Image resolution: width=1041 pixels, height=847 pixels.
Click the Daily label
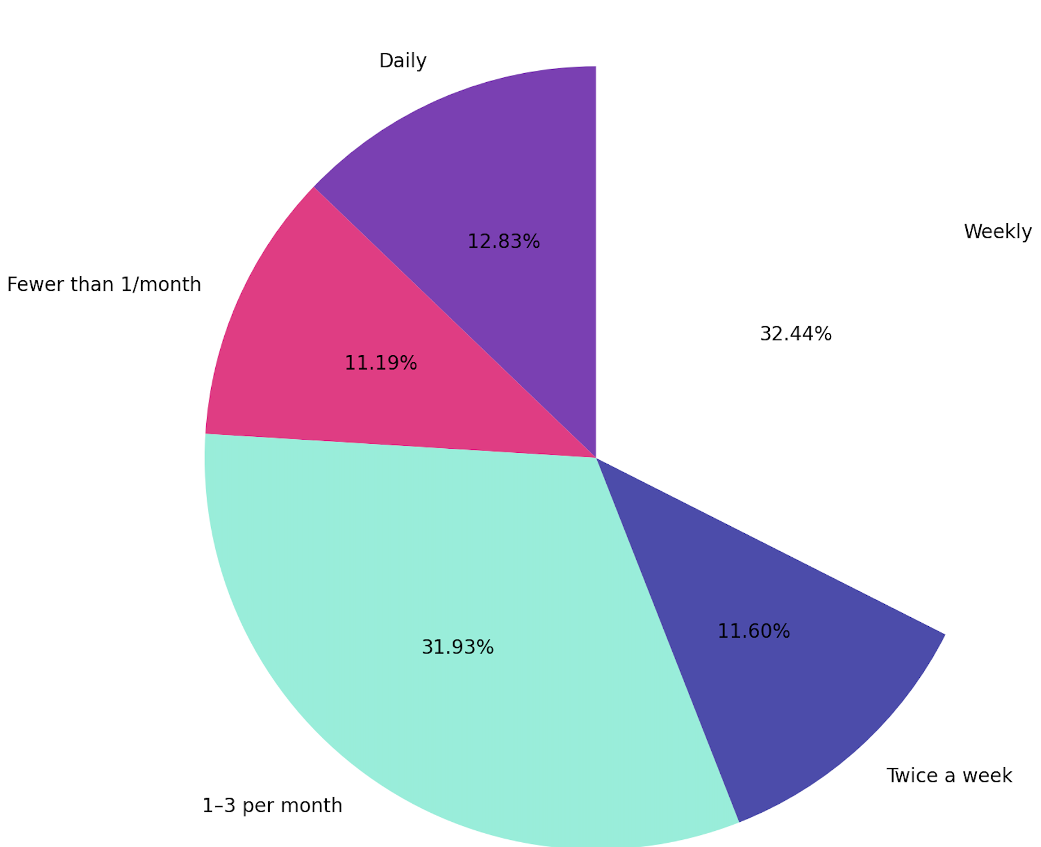[x=402, y=61]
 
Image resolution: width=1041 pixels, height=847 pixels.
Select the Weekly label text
[x=997, y=232]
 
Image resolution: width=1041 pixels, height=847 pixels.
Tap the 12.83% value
[x=503, y=241]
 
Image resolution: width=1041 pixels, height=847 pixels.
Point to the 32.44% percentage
[x=795, y=334]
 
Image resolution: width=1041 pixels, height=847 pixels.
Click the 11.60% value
[x=753, y=631]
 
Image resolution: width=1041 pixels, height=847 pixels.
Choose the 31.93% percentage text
[x=457, y=647]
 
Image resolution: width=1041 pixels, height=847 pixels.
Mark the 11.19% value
[x=380, y=363]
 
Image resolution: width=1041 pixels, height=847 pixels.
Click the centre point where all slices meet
[x=595, y=458]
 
